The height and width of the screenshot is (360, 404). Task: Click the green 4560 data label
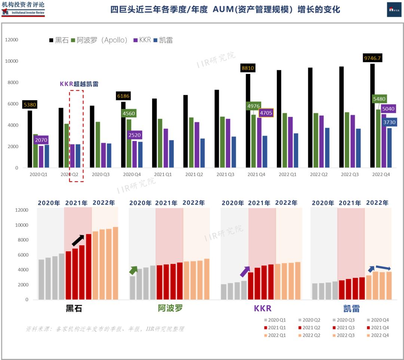tap(129, 113)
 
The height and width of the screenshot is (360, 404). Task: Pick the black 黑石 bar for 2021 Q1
tap(154, 133)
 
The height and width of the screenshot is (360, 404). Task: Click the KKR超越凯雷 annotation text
tap(79, 84)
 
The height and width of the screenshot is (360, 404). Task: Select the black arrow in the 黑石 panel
tap(78, 240)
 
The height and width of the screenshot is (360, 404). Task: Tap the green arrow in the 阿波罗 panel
tap(133, 270)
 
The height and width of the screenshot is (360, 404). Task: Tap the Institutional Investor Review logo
tap(23, 9)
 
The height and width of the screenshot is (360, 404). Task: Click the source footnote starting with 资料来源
tap(105, 329)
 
